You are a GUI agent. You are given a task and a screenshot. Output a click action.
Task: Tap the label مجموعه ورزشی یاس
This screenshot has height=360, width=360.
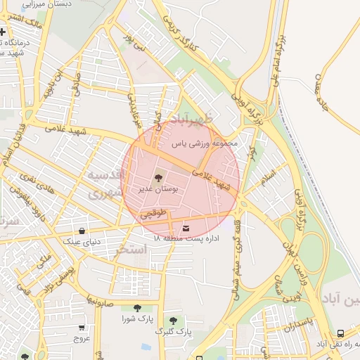tap(206, 143)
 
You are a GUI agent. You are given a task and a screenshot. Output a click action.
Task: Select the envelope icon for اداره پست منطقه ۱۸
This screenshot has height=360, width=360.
tap(186, 228)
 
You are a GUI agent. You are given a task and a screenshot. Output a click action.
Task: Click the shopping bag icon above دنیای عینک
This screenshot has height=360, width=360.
tap(83, 230)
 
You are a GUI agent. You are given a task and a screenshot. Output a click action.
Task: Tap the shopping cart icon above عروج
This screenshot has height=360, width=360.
tap(82, 327)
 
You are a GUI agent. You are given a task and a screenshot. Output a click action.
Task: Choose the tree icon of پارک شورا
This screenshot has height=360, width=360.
tap(136, 308)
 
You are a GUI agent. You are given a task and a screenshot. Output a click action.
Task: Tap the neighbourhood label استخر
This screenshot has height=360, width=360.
tap(130, 250)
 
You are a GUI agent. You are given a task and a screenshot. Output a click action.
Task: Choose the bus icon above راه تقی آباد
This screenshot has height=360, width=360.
tap(341, 333)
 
